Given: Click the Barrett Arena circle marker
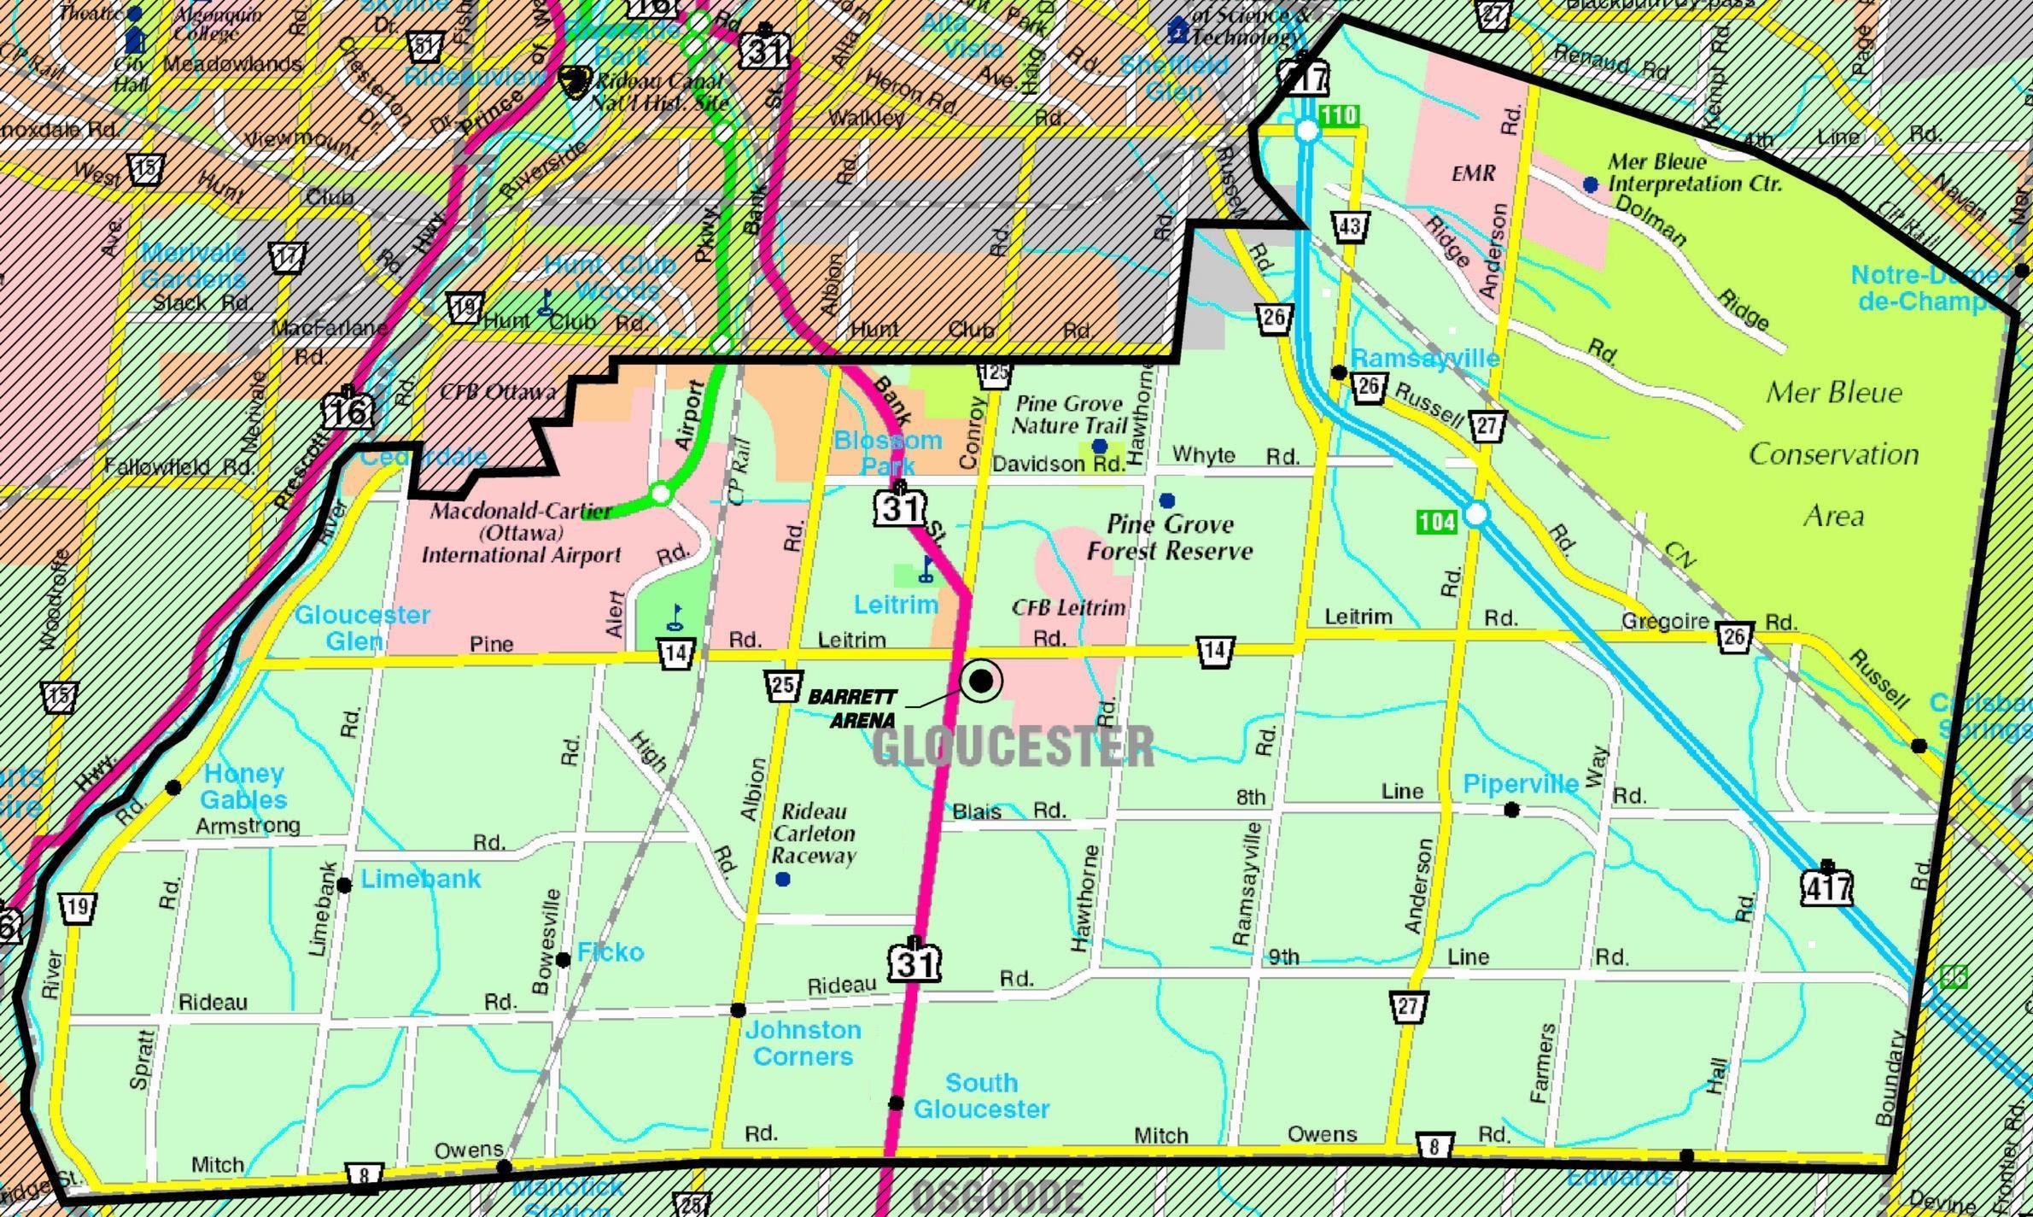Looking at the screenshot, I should coord(981,681).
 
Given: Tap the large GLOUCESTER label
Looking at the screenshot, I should coord(1013,746).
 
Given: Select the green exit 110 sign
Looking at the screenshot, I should coord(1338,115).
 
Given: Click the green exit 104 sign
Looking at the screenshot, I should coord(1436,521).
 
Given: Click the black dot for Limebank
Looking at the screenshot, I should coord(344,885).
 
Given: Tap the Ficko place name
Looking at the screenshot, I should coord(610,951).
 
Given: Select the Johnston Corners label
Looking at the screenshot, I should coord(802,1043).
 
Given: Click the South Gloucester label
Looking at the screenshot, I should coord(981,1096).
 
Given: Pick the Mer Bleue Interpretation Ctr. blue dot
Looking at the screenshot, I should coord(1590,184).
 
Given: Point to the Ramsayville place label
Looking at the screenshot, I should coord(1424,358).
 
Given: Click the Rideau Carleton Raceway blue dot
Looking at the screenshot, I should coord(782,879).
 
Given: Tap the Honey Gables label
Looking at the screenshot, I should coord(243,787).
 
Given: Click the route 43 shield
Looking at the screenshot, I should coord(1350,226).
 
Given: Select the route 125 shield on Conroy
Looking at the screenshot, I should coord(995,372).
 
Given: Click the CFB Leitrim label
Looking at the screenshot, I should coord(1068,607).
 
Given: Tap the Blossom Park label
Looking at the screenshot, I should coord(887,453).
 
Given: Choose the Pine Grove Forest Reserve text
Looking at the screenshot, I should coord(1170,537).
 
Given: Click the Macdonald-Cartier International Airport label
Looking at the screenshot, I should coord(521,533).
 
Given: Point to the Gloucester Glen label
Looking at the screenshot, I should coord(362,627).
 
